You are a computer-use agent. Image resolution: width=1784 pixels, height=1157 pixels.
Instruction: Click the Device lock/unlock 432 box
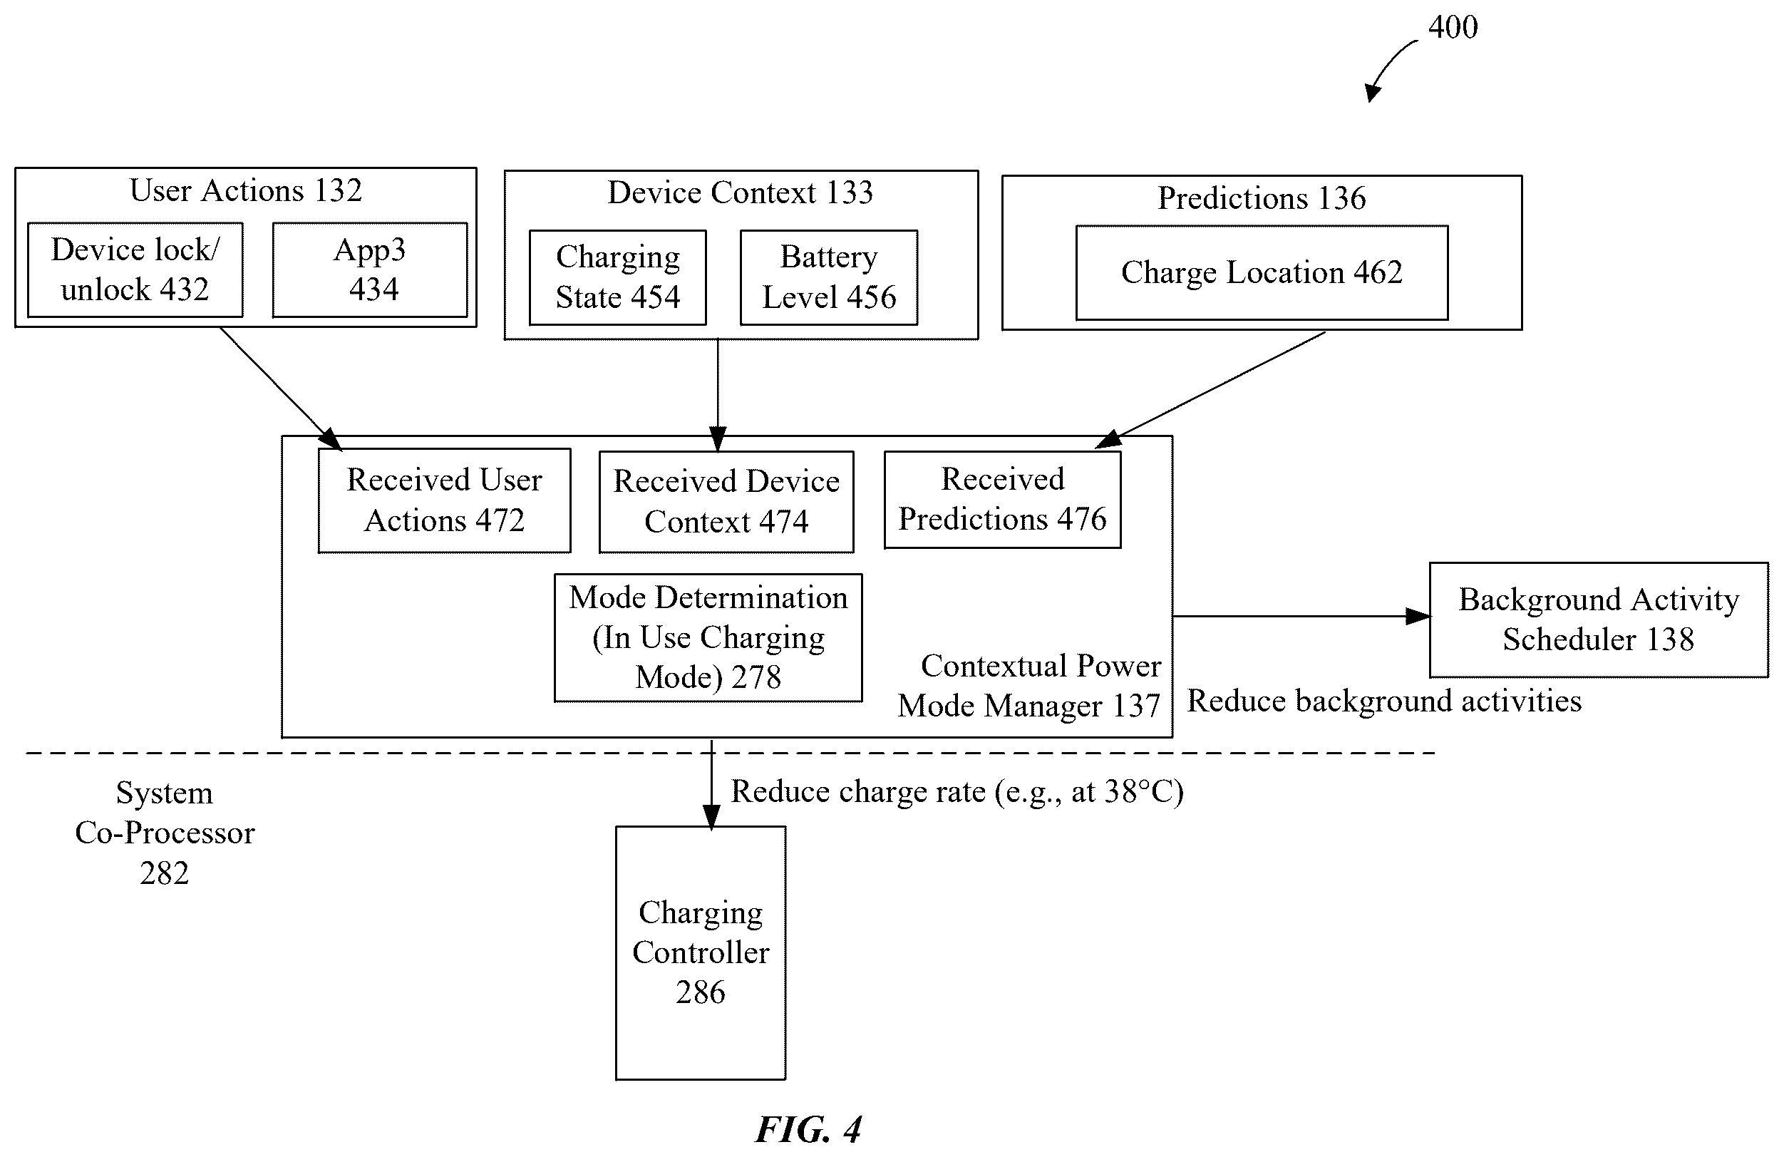(135, 270)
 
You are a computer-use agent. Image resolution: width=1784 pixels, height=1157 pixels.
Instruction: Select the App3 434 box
(369, 270)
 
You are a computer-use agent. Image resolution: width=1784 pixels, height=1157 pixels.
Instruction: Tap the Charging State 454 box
(618, 277)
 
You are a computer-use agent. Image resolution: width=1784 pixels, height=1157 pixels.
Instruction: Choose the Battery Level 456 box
(829, 277)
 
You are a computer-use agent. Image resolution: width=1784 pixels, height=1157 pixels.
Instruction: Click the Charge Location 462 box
(1262, 273)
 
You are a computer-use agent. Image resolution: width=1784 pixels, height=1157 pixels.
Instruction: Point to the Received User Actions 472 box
(445, 500)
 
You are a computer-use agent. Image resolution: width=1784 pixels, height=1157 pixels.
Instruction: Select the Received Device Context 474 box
(726, 502)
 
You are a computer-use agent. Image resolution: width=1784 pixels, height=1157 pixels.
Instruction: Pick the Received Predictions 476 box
(1003, 500)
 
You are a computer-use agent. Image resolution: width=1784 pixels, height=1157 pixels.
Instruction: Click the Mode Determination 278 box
(708, 638)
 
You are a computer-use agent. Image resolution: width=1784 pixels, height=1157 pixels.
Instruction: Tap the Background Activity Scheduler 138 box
(1599, 620)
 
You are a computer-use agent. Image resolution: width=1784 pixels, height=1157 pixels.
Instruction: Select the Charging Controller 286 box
(701, 953)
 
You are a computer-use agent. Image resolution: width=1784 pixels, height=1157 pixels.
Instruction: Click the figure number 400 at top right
(1453, 28)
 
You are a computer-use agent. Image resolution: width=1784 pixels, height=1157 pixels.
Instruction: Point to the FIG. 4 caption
(809, 1129)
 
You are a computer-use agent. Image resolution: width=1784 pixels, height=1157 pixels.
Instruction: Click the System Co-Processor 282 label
(165, 833)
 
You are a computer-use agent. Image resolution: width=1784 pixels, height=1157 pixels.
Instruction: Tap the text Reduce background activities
(1384, 701)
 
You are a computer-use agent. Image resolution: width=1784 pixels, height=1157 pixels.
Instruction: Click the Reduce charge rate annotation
(957, 792)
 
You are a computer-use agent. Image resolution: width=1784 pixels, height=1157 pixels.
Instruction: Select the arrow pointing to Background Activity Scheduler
(1301, 617)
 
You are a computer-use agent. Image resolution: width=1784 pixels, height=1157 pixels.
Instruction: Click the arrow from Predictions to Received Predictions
(1210, 390)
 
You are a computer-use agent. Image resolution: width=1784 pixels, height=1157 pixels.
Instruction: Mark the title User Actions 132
(246, 190)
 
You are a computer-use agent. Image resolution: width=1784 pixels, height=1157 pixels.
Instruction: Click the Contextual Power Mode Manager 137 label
(1030, 686)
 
